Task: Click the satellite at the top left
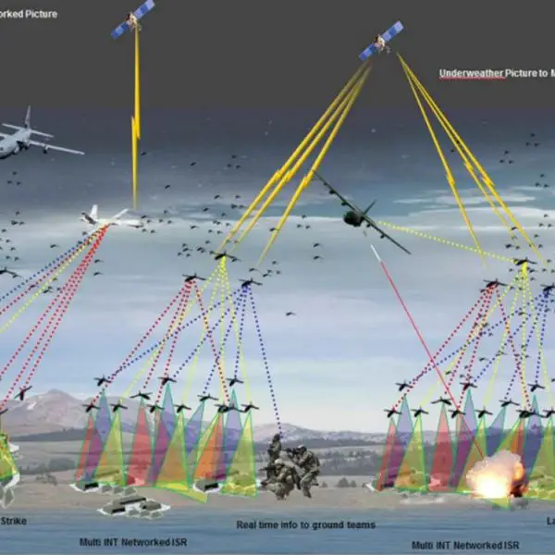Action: (133, 18)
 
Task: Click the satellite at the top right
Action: (381, 41)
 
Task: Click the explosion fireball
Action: (490, 477)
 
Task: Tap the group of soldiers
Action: (290, 468)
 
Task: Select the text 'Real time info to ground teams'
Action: (305, 524)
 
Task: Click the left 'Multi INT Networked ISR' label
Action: (131, 540)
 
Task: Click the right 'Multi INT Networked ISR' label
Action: (463, 544)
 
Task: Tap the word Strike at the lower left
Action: (13, 521)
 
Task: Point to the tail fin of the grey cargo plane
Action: (28, 117)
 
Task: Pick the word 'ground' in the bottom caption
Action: (320, 524)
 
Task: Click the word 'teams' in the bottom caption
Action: (359, 524)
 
